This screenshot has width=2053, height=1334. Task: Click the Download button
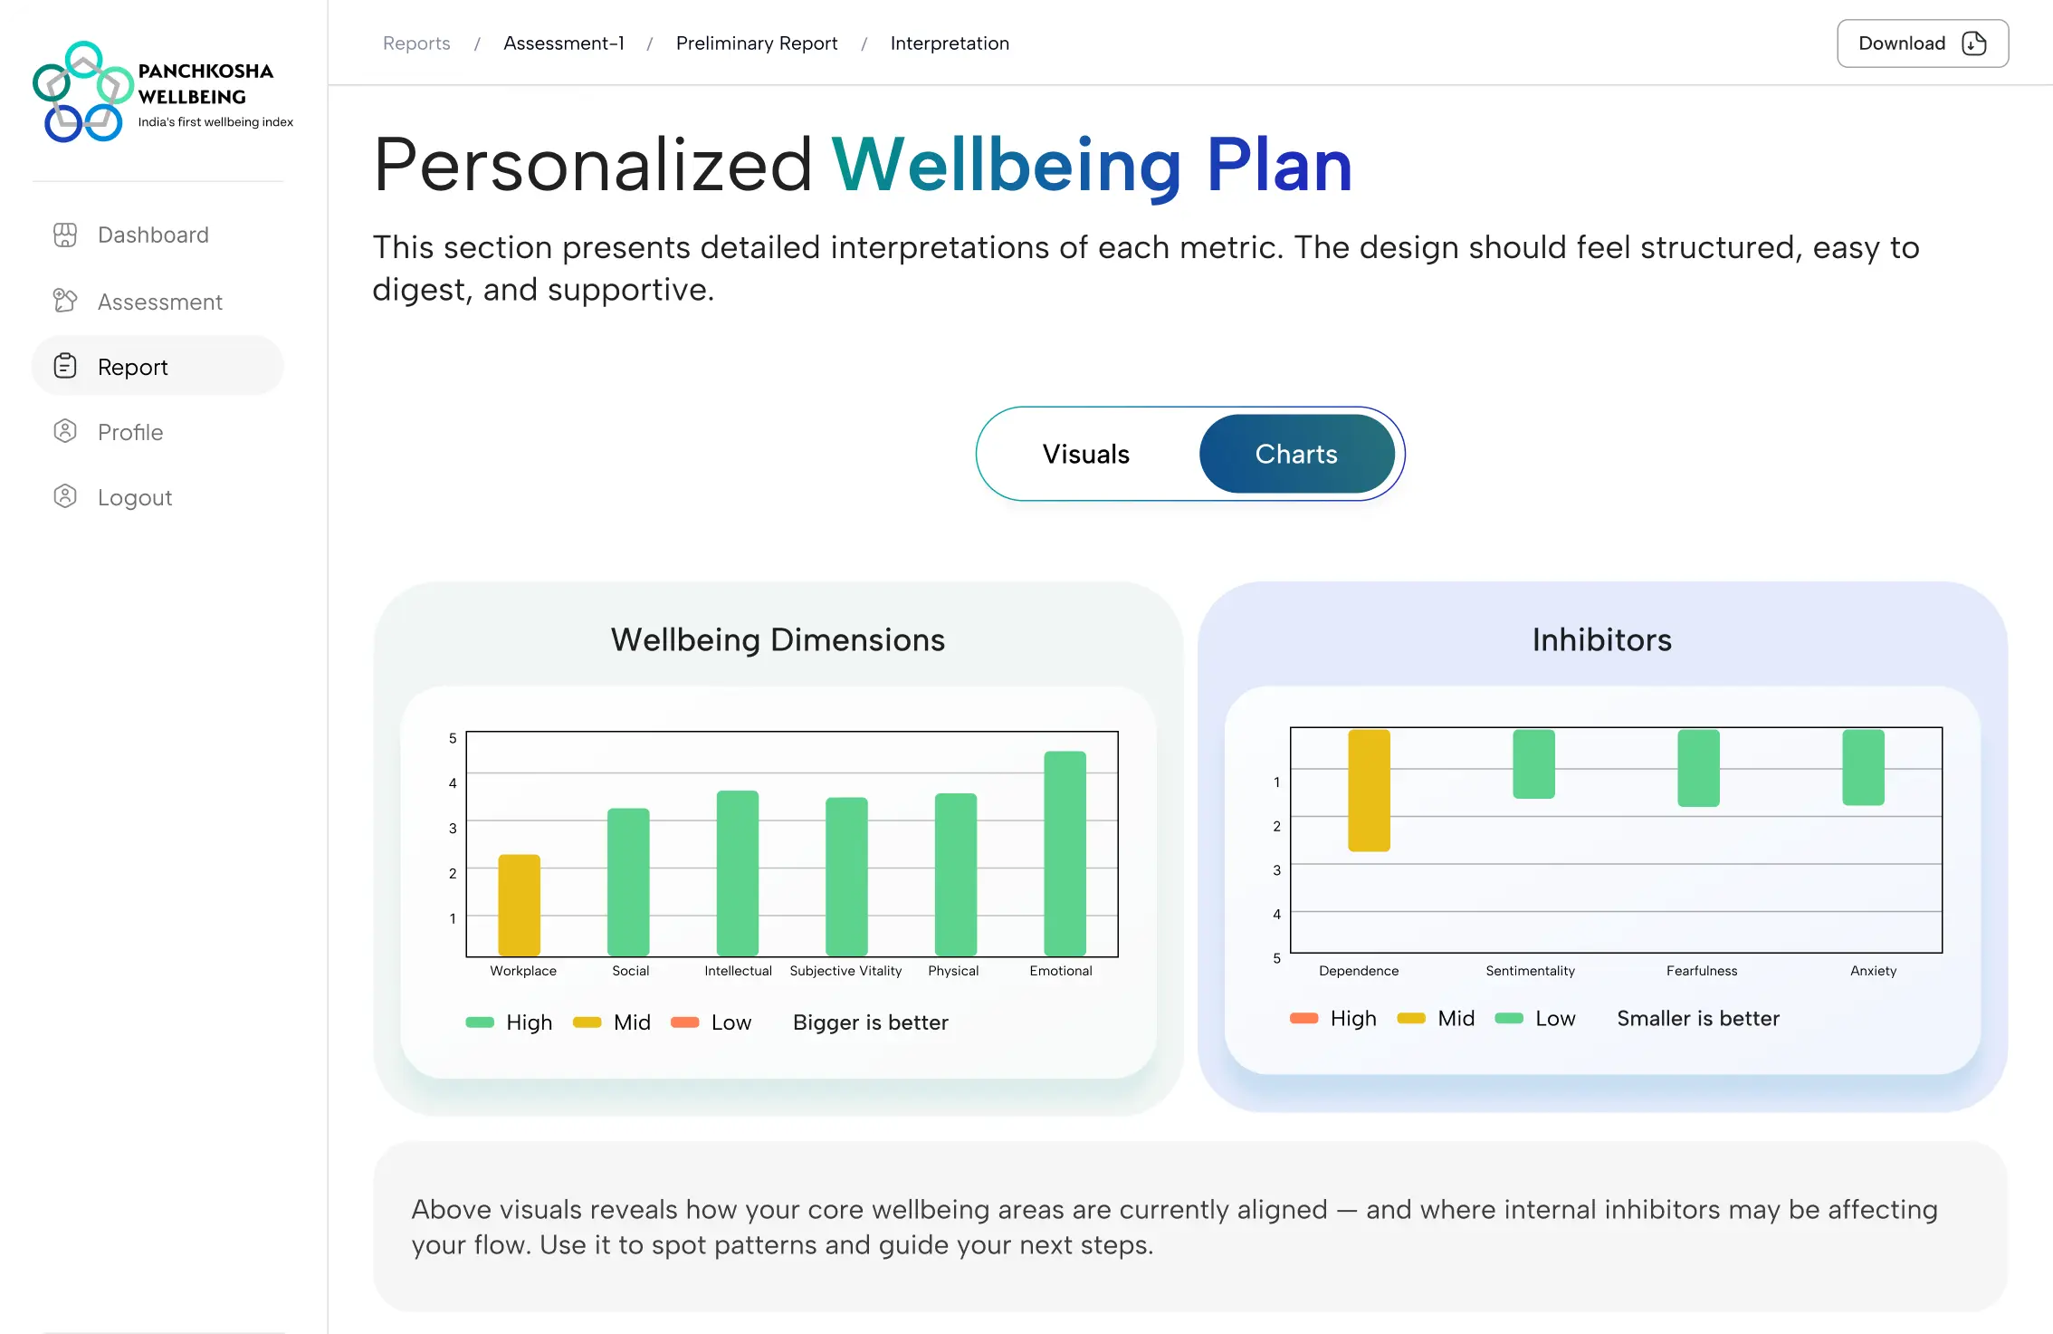1922,43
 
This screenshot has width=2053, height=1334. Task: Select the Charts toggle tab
1295,454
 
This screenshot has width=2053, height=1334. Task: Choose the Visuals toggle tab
1085,454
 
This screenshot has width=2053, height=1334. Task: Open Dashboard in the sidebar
153,235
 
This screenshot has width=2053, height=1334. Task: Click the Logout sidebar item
134,497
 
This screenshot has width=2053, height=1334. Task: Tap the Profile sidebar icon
65,432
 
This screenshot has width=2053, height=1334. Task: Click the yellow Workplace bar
519,905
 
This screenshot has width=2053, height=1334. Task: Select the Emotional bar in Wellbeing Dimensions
1065,852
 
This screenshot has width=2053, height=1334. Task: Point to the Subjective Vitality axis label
845,971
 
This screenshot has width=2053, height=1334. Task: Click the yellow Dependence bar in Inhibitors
1369,790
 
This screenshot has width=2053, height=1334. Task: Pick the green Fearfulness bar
1698,767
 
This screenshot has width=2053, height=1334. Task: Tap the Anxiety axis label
1873,971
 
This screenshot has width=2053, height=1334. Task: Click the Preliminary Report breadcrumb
757,43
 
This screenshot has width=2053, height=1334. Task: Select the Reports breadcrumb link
416,43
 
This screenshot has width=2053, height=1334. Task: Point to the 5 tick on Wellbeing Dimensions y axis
453,739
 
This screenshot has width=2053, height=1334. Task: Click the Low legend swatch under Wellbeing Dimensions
684,1022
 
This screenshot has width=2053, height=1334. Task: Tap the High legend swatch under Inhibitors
1303,1019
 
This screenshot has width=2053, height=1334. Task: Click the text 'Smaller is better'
1697,1019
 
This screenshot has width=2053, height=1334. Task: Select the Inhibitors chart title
1601,640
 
